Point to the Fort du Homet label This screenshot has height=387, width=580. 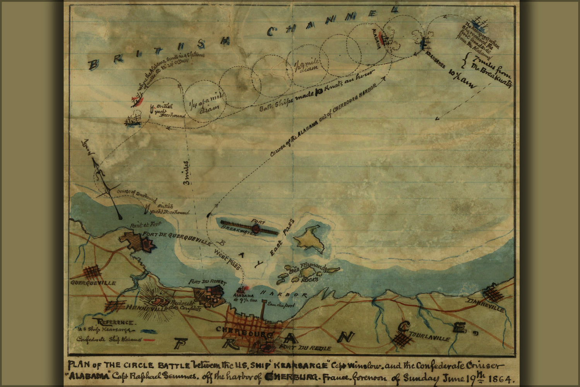click(x=207, y=282)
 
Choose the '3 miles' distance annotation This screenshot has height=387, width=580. click(x=188, y=173)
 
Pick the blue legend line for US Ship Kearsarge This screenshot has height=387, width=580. click(x=149, y=331)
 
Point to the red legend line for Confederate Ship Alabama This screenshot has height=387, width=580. click(x=149, y=340)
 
